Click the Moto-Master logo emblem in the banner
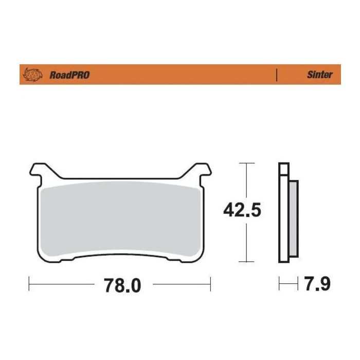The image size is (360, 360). click(x=32, y=75)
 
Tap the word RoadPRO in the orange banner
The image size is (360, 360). click(x=69, y=75)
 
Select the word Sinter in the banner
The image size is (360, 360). click(x=320, y=75)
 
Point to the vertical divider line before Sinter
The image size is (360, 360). click(x=278, y=75)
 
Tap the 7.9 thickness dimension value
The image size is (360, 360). click(x=316, y=284)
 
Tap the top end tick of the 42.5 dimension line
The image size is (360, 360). click(x=247, y=164)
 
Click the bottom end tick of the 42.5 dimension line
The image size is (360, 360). click(x=247, y=262)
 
